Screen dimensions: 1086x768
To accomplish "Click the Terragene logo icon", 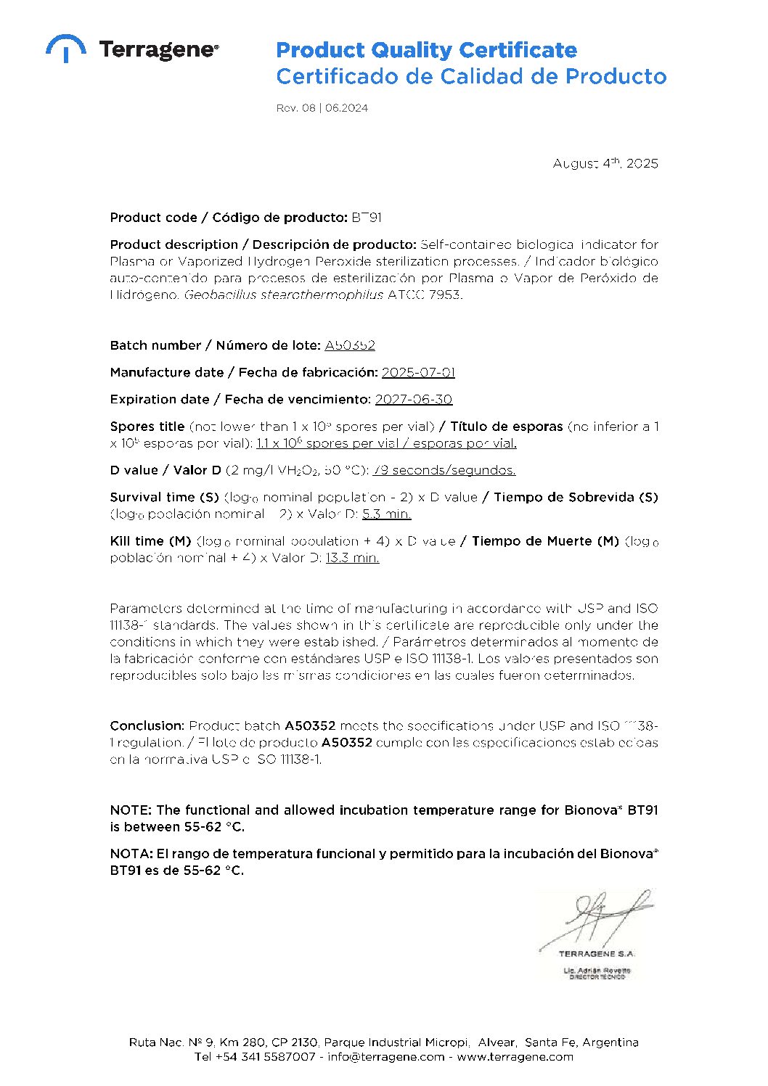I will pyautogui.click(x=65, y=48).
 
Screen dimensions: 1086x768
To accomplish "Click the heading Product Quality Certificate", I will pyautogui.click(x=426, y=50).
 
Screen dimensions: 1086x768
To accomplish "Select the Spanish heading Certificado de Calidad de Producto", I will pyautogui.click(x=471, y=76).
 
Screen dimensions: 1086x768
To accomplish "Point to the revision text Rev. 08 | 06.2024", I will pyautogui.click(x=322, y=108).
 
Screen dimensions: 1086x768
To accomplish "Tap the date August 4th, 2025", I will pyautogui.click(x=605, y=163).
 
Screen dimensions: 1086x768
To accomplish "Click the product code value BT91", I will pyautogui.click(x=367, y=218).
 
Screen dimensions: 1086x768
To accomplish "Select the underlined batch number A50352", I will pyautogui.click(x=350, y=345).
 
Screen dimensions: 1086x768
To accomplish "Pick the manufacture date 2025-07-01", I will pyautogui.click(x=418, y=372).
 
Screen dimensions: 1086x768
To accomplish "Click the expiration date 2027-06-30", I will pyautogui.click(x=413, y=399).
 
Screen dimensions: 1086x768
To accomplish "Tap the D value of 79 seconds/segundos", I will pyautogui.click(x=444, y=470).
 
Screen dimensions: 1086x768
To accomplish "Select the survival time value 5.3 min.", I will pyautogui.click(x=386, y=514).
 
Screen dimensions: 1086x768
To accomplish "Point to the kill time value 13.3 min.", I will pyautogui.click(x=352, y=557).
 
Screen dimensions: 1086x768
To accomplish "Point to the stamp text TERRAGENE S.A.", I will pyautogui.click(x=597, y=954).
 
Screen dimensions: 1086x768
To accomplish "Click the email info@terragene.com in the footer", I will pyautogui.click(x=385, y=1056).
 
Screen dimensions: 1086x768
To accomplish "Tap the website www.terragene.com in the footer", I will pyautogui.click(x=515, y=1056).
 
